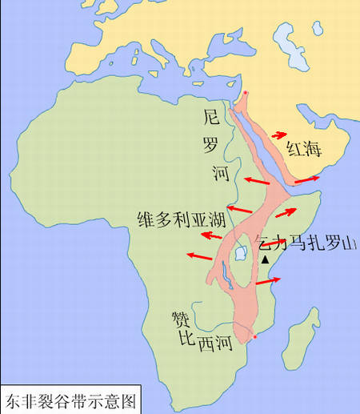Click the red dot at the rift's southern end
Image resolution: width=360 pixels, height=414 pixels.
[x=255, y=337]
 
